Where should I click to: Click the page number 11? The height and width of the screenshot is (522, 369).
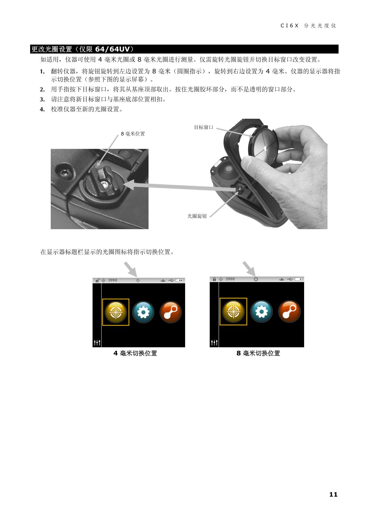pyautogui.click(x=333, y=494)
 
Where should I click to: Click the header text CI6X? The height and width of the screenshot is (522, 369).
pyautogui.click(x=289, y=26)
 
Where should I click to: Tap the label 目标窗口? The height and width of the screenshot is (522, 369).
pyautogui.click(x=204, y=127)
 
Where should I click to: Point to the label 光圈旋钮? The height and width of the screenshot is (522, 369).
pyautogui.click(x=197, y=216)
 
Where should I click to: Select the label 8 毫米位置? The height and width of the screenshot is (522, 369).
pyautogui.click(x=133, y=134)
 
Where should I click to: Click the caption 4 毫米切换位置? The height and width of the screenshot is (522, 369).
pyautogui.click(x=135, y=353)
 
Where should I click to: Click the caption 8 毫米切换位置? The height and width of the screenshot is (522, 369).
pyautogui.click(x=258, y=353)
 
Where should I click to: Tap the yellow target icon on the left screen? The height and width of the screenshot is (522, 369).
pyautogui.click(x=116, y=312)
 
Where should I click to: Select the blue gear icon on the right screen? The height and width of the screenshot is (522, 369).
pyautogui.click(x=261, y=311)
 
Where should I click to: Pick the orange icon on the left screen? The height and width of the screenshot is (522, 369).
pyautogui.click(x=171, y=312)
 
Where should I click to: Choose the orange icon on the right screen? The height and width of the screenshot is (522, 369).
pyautogui.click(x=290, y=311)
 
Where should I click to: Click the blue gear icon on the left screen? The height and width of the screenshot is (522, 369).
pyautogui.click(x=143, y=312)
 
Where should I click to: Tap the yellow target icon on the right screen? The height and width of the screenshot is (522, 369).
pyautogui.click(x=233, y=311)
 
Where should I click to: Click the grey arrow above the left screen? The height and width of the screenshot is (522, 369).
pyautogui.click(x=130, y=269)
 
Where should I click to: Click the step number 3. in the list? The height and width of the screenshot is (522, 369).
pyautogui.click(x=42, y=99)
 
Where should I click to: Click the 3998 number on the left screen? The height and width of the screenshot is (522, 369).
pyautogui.click(x=113, y=280)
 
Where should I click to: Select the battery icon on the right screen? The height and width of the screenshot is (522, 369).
pyautogui.click(x=299, y=279)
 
